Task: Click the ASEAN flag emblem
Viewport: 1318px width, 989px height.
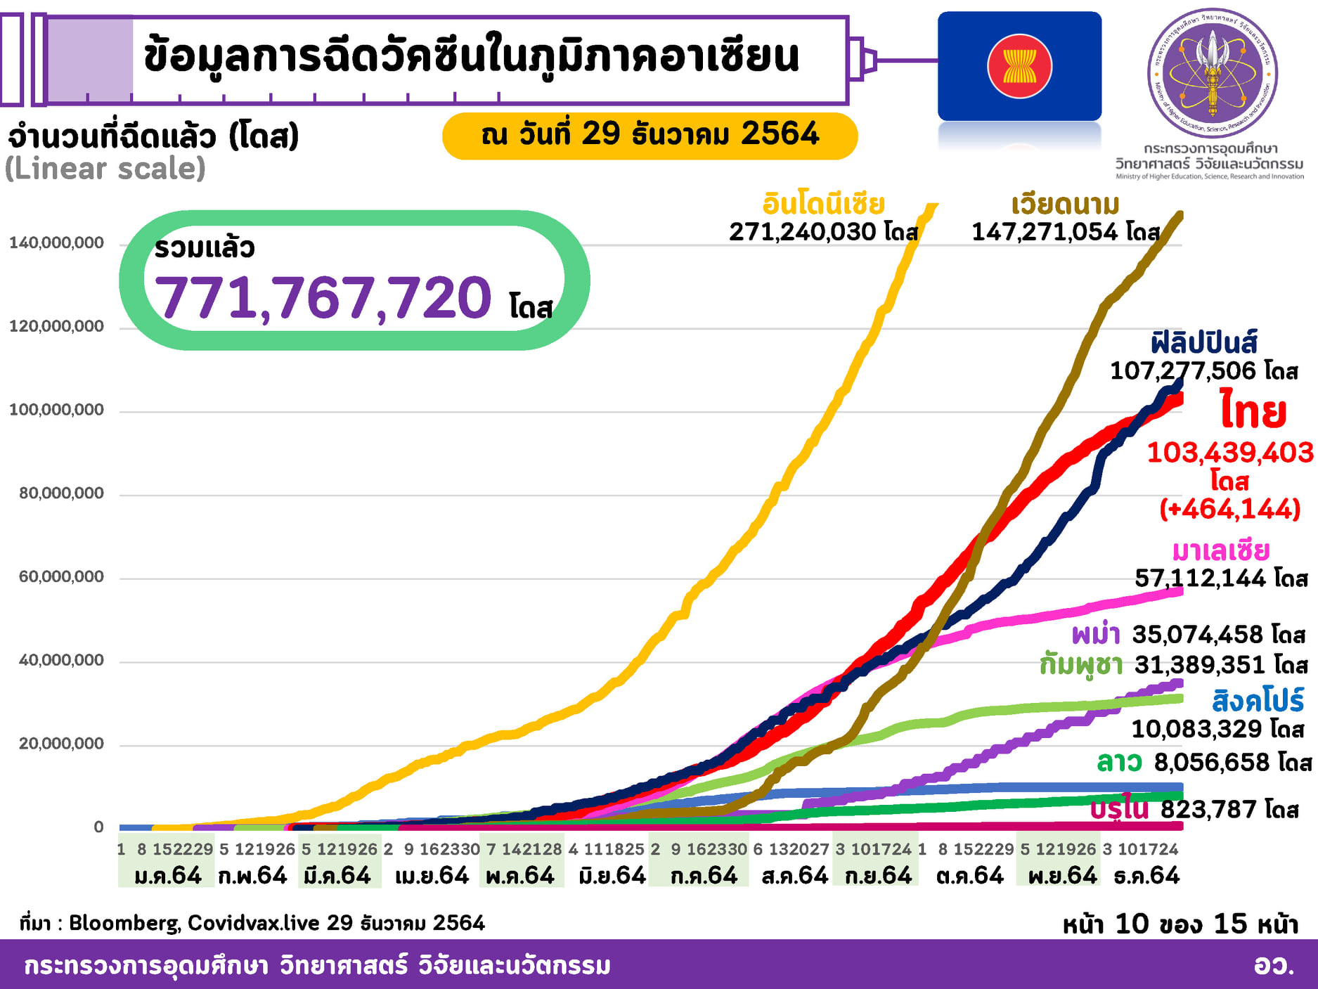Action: point(1019,66)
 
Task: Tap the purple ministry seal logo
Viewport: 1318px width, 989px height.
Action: point(1212,73)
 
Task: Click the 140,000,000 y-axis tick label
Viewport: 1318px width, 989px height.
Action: point(56,243)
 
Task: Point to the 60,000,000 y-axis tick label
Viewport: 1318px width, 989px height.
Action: point(61,577)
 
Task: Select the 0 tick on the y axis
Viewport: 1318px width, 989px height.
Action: point(99,827)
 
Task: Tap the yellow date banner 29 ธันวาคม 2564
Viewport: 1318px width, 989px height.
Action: point(650,134)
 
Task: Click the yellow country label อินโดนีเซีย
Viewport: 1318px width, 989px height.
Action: point(823,204)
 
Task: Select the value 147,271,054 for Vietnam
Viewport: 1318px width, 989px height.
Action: point(1045,231)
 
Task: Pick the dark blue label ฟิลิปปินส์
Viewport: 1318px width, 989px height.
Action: point(1203,343)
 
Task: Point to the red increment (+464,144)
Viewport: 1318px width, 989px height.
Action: point(1229,509)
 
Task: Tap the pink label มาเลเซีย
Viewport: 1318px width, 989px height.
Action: point(1221,550)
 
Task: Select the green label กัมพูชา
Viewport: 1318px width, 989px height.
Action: point(1081,664)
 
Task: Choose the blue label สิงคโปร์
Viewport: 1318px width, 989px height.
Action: point(1258,701)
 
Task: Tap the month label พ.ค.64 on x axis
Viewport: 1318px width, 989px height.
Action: point(520,876)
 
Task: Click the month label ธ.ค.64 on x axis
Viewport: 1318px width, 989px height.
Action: point(1146,876)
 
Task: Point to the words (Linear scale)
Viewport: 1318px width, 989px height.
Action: point(105,169)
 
